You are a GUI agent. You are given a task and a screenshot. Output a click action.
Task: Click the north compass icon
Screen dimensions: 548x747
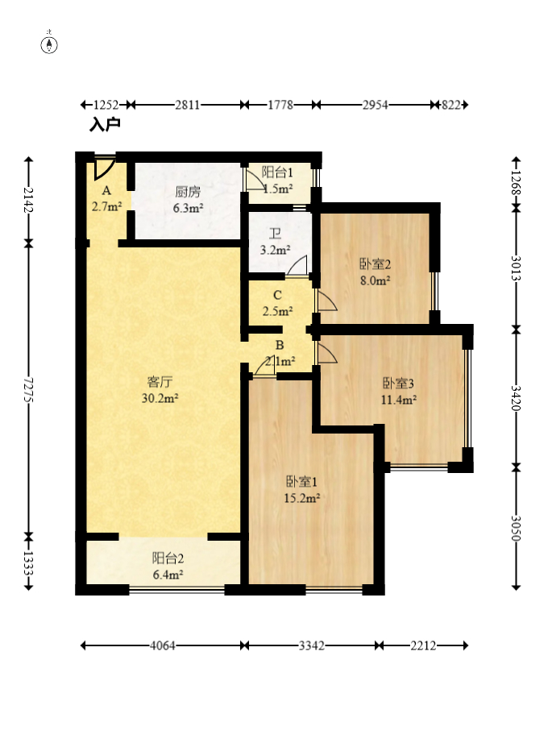tap(49, 45)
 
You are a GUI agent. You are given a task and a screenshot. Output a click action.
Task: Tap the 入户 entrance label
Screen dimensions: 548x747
tap(105, 125)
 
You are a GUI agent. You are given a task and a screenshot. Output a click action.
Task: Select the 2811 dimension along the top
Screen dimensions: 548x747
tap(187, 104)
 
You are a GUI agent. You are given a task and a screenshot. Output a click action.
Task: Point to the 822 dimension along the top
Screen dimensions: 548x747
tap(450, 104)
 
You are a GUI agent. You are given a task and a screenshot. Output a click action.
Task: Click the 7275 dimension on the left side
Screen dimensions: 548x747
tap(28, 390)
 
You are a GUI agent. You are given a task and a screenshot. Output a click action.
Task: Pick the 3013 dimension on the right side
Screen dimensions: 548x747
tap(516, 268)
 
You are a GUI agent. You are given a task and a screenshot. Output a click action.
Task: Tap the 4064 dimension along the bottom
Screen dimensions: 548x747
tap(163, 645)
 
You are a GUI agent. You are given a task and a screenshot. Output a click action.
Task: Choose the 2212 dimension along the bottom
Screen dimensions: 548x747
tap(423, 645)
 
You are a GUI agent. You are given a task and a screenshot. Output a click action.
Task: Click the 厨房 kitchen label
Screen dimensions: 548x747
tap(188, 192)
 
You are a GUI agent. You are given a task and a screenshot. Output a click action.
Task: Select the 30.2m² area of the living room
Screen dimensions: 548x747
tap(160, 398)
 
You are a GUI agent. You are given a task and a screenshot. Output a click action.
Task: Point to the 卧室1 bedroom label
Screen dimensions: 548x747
tap(301, 482)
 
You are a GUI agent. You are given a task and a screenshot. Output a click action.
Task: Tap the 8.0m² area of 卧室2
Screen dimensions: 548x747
tap(376, 280)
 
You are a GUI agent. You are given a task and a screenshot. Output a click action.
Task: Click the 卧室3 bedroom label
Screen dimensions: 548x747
tap(398, 383)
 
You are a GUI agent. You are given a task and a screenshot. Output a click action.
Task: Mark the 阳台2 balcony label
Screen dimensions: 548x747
tap(168, 558)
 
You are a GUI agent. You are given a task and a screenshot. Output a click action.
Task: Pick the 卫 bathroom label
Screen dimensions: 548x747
tap(275, 234)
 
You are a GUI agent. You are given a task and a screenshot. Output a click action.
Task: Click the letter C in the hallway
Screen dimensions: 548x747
tap(277, 296)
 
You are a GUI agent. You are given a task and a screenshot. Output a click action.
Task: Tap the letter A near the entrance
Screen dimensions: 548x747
tap(106, 190)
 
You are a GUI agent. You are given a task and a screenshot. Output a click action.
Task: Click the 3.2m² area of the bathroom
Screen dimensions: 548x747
tap(276, 250)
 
